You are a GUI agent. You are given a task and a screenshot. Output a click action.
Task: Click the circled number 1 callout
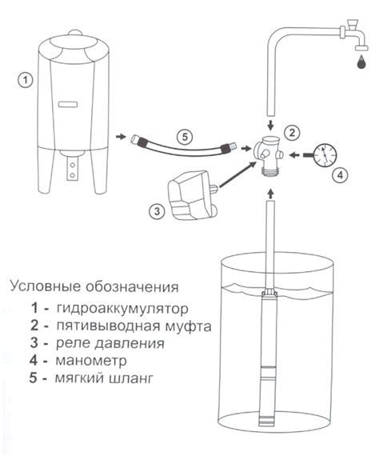pyautogui.click(x=26, y=80)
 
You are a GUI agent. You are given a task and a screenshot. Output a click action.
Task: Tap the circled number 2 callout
pyautogui.click(x=292, y=132)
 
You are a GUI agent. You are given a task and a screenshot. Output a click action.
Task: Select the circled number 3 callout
pyautogui.click(x=157, y=211)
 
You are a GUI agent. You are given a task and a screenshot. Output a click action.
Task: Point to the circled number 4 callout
pyautogui.click(x=340, y=175)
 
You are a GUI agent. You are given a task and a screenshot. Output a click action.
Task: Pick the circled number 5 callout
pyautogui.click(x=185, y=136)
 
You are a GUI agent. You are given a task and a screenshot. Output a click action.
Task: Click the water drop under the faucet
pyautogui.click(x=361, y=62)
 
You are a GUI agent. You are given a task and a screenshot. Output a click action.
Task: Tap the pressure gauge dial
pyautogui.click(x=325, y=154)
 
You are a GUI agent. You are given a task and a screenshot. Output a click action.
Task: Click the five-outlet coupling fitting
pyautogui.click(x=268, y=155)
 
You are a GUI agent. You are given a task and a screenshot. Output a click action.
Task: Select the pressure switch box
pyautogui.click(x=192, y=194)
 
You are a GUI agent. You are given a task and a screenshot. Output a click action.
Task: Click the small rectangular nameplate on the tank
pyautogui.click(x=68, y=105)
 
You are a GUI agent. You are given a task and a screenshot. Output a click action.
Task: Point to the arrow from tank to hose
pyautogui.click(x=121, y=136)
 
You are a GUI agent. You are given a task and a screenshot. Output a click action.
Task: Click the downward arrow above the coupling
pyautogui.click(x=270, y=126)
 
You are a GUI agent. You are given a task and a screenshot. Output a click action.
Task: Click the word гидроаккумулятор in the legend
pyautogui.click(x=122, y=309)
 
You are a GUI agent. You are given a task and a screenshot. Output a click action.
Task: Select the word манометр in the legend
pyautogui.click(x=91, y=361)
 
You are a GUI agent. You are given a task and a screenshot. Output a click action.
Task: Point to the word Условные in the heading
pyautogui.click(x=45, y=286)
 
